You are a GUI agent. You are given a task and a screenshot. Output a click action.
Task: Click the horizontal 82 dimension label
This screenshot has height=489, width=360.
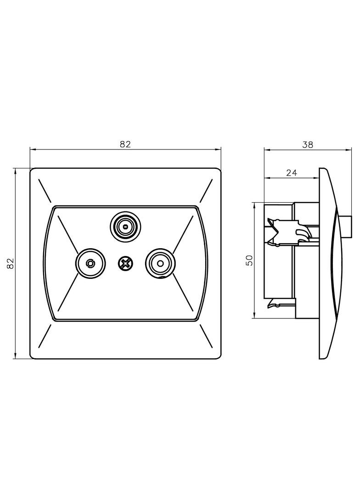(x=125, y=144)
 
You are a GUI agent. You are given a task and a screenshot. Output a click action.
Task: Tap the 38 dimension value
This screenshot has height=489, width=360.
(x=308, y=144)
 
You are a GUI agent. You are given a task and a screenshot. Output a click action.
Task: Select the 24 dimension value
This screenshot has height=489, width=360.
(x=291, y=172)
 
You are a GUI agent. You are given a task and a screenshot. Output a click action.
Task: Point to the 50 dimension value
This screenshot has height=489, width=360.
(x=249, y=260)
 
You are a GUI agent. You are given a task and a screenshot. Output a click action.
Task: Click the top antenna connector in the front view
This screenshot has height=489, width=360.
(x=125, y=227)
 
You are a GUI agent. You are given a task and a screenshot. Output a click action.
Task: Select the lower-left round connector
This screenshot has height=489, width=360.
(x=91, y=263)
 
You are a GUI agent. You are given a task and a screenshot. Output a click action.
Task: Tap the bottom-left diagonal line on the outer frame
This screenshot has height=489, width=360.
(x=45, y=337)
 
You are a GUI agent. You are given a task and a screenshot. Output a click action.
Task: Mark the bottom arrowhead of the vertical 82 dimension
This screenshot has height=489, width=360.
(x=16, y=356)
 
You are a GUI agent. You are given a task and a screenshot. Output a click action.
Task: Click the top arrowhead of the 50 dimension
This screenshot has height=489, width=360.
(x=255, y=206)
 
